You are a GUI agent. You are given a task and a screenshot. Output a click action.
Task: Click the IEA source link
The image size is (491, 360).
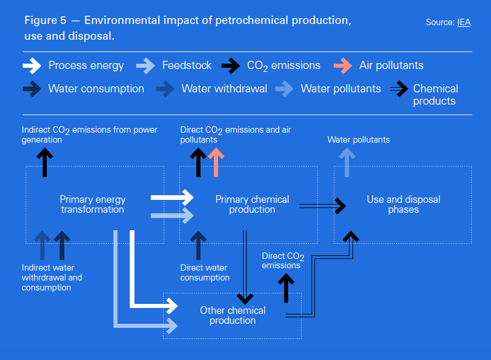pos(464,23)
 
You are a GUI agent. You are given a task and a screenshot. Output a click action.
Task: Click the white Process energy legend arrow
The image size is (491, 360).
pos(32,65)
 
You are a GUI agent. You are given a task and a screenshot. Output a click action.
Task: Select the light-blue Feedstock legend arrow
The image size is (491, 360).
pos(146,65)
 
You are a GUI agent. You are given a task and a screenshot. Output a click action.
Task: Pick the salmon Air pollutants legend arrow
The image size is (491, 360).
pos(343,65)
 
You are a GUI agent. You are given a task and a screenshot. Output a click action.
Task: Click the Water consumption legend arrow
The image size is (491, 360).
pos(32,89)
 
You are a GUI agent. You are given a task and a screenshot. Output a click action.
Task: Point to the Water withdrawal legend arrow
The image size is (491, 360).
pos(165,89)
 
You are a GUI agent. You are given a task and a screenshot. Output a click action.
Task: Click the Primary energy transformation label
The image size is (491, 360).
pos(92,204)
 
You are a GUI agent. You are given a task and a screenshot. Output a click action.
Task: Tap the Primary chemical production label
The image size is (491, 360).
pos(252,204)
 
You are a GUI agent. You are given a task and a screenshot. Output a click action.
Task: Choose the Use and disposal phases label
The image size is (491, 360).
pos(403,204)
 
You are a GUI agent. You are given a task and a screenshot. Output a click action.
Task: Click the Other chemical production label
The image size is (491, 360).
pos(233,315)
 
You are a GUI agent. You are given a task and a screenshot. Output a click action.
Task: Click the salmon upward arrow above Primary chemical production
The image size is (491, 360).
pos(216,162)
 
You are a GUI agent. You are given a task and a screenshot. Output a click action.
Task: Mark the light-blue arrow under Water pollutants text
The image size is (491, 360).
pos(347,162)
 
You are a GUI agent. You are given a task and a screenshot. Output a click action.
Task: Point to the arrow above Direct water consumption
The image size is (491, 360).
pos(199,245)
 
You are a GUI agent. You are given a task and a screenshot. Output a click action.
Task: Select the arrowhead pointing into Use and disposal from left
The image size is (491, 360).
pos(340,205)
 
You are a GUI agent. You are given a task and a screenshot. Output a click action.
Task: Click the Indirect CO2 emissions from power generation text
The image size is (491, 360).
pos(89,134)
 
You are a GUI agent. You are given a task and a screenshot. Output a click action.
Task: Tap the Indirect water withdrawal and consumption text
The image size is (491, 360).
pos(51,278)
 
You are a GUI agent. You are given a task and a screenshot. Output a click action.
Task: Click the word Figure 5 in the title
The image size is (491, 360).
pos(44,20)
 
